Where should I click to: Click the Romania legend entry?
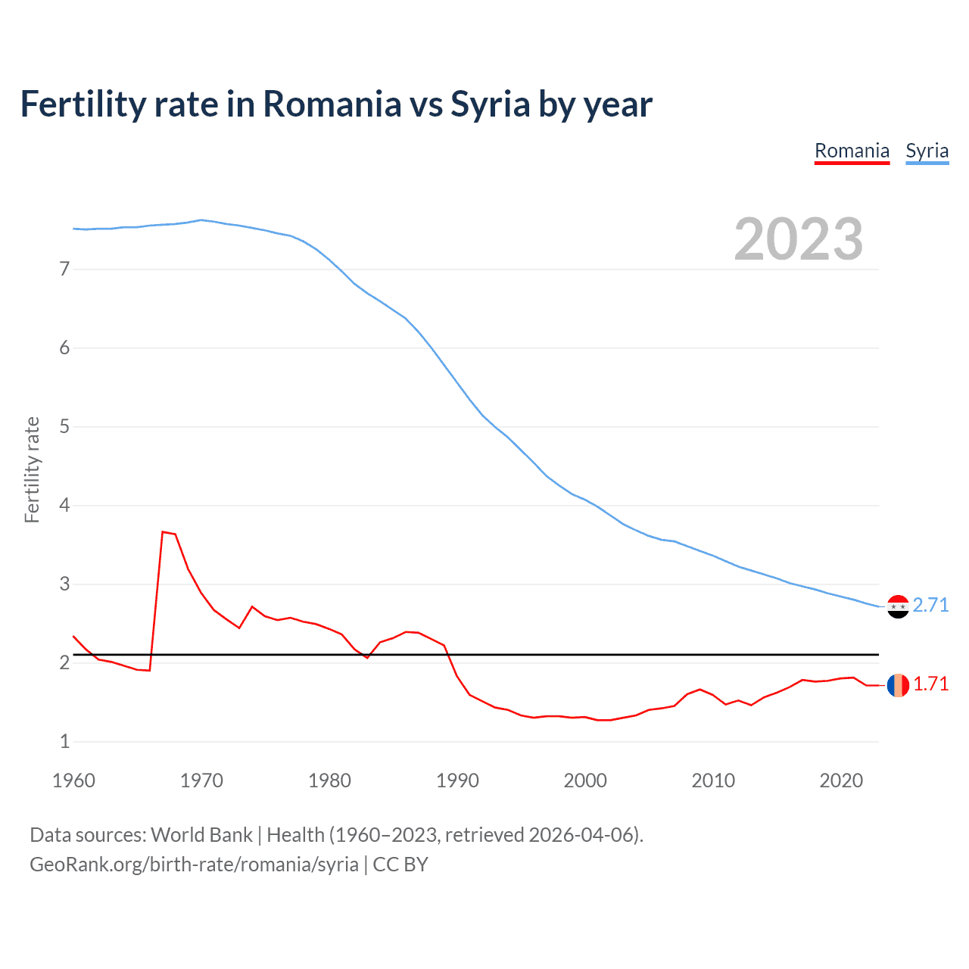click(852, 151)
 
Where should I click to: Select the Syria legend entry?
click(927, 151)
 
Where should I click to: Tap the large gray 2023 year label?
click(798, 239)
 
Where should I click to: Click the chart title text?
click(336, 104)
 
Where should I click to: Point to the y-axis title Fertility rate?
click(32, 469)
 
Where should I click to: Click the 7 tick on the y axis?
click(64, 269)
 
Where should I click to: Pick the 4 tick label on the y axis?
click(64, 505)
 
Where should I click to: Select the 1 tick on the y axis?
click(64, 741)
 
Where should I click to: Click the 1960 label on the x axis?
click(73, 780)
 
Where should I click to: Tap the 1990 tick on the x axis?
click(457, 780)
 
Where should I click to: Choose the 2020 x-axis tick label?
click(841, 780)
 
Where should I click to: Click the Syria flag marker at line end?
click(898, 606)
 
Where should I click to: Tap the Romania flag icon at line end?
click(898, 685)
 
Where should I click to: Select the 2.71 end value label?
click(930, 605)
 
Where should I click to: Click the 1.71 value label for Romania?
click(930, 684)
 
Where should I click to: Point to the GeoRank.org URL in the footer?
click(194, 864)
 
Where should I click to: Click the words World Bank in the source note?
click(201, 835)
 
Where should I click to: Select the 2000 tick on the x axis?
click(585, 780)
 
